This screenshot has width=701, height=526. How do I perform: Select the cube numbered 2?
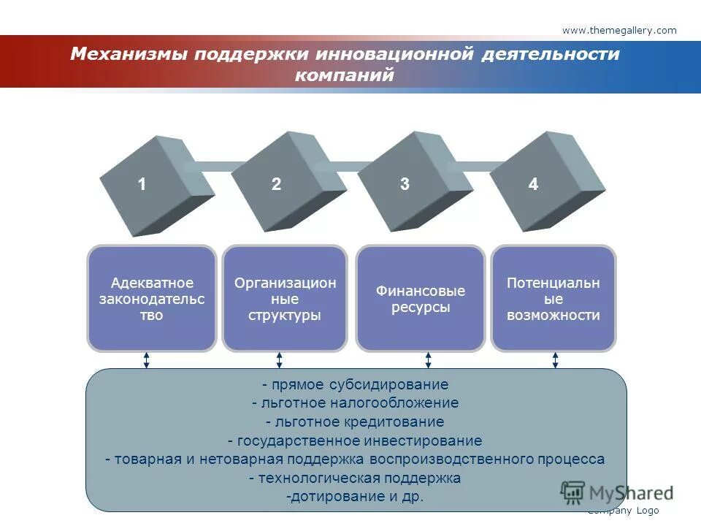[x=278, y=183]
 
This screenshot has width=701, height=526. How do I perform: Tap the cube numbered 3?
[x=409, y=183]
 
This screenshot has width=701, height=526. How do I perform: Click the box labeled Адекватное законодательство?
[x=152, y=299]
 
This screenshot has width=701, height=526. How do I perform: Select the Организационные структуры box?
[x=285, y=299]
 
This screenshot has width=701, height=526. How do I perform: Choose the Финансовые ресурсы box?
[x=420, y=299]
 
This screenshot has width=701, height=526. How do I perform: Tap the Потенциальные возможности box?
[x=553, y=299]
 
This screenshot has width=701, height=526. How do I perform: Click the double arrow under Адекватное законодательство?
[x=147, y=360]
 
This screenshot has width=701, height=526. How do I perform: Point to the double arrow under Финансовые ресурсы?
[x=428, y=360]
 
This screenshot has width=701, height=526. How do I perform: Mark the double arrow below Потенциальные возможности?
[x=555, y=360]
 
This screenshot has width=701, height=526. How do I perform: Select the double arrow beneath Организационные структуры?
[x=279, y=360]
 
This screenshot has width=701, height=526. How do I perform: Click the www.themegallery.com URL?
[x=619, y=30]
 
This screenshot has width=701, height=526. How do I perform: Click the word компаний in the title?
[x=345, y=75]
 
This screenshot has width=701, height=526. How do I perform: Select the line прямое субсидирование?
[x=356, y=384]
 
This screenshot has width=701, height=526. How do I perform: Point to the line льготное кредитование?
[x=356, y=422]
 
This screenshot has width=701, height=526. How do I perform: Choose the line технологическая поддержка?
[x=356, y=479]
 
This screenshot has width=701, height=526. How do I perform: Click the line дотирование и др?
[x=356, y=497]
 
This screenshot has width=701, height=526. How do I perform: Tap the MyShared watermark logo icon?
[x=573, y=492]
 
